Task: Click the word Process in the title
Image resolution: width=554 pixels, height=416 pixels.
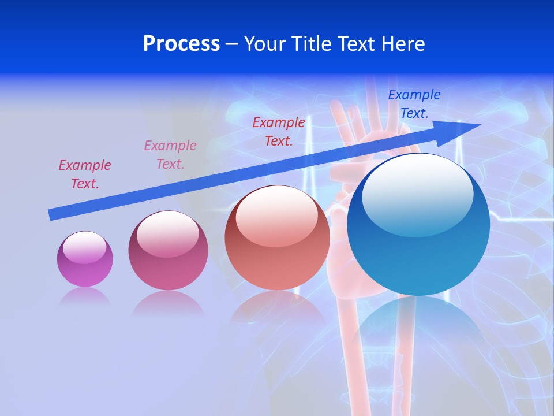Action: [x=181, y=44]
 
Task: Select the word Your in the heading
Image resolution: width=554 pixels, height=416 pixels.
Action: [x=265, y=44]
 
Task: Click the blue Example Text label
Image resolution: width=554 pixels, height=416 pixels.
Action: [x=414, y=104]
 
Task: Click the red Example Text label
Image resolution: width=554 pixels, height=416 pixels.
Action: [x=279, y=131]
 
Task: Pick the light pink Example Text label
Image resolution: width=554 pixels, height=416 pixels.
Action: [x=170, y=154]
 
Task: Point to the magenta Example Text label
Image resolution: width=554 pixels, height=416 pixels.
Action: [x=85, y=174]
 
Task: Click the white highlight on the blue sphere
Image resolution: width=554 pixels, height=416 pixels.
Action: [x=417, y=194]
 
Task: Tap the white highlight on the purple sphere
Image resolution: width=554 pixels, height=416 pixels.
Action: [x=84, y=247]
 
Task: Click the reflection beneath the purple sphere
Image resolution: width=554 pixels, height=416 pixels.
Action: [x=85, y=296]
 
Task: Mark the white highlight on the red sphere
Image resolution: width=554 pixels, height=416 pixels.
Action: [x=276, y=217]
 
